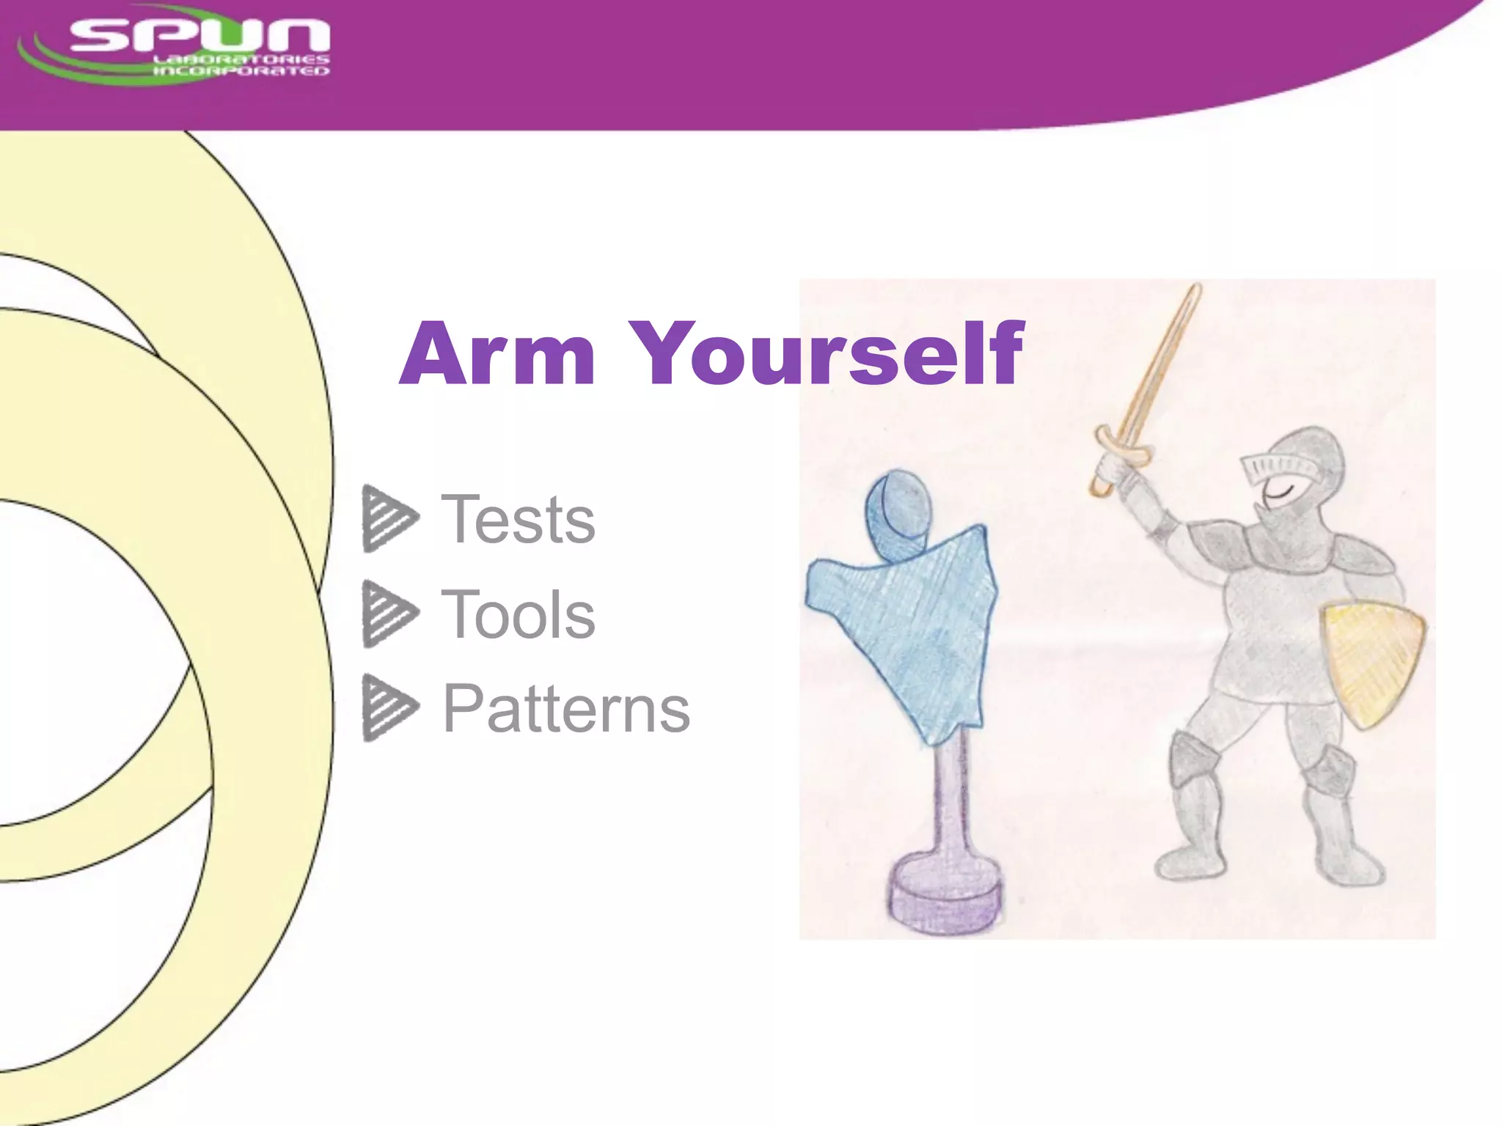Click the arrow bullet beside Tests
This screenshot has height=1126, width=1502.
point(389,518)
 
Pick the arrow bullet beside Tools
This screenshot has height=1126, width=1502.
point(389,613)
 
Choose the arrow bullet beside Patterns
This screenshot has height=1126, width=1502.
point(389,707)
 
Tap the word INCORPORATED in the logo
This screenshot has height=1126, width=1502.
point(241,71)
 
